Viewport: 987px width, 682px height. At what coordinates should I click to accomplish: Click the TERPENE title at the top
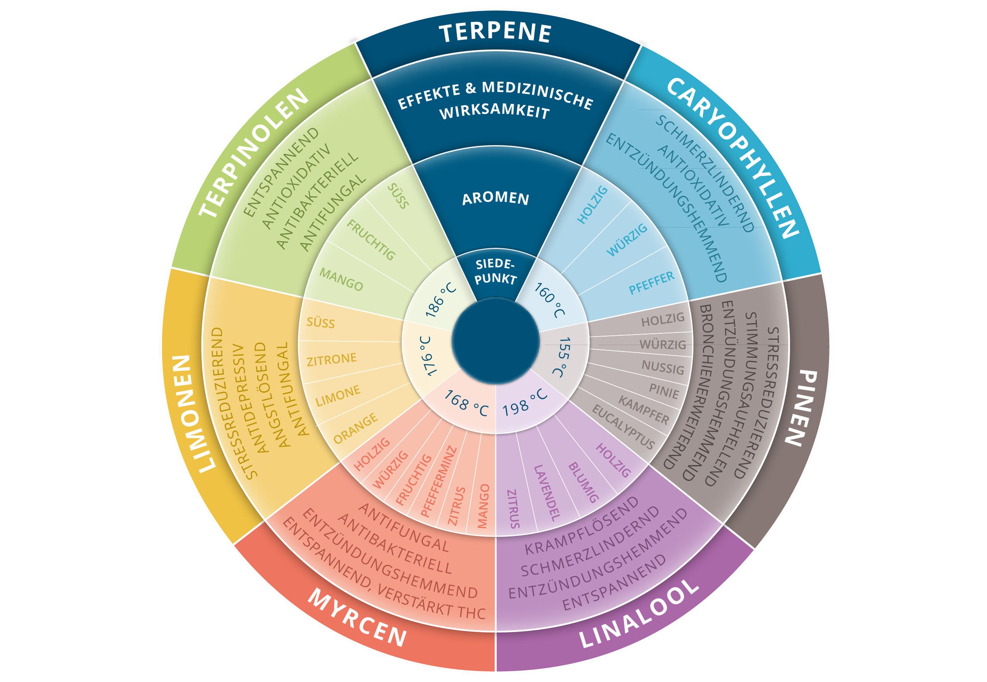pos(495,33)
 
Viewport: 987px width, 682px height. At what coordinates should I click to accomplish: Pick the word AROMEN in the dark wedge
pos(495,198)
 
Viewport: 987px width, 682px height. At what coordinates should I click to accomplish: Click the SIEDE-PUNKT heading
pos(495,272)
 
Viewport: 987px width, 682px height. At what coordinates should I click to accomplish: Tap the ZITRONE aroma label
pos(331,359)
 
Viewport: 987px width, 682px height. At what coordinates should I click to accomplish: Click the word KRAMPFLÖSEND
pos(581,526)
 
